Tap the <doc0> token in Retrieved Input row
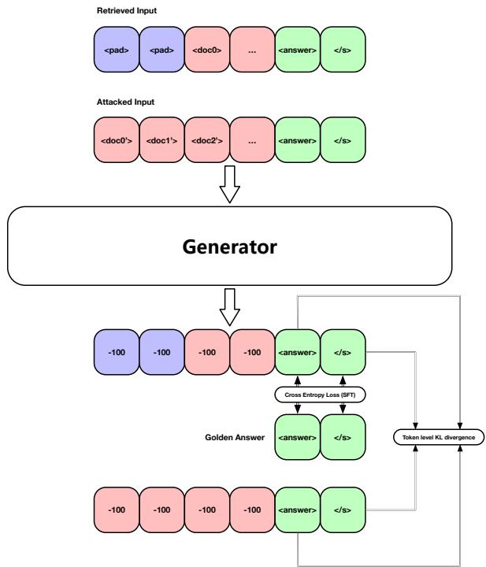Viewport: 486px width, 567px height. pos(207,53)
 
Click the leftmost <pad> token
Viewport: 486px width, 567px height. pos(116,53)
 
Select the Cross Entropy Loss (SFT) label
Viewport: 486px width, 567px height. pos(320,395)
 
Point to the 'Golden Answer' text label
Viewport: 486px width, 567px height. pos(232,435)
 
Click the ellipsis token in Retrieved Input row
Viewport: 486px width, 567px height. pos(253,53)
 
